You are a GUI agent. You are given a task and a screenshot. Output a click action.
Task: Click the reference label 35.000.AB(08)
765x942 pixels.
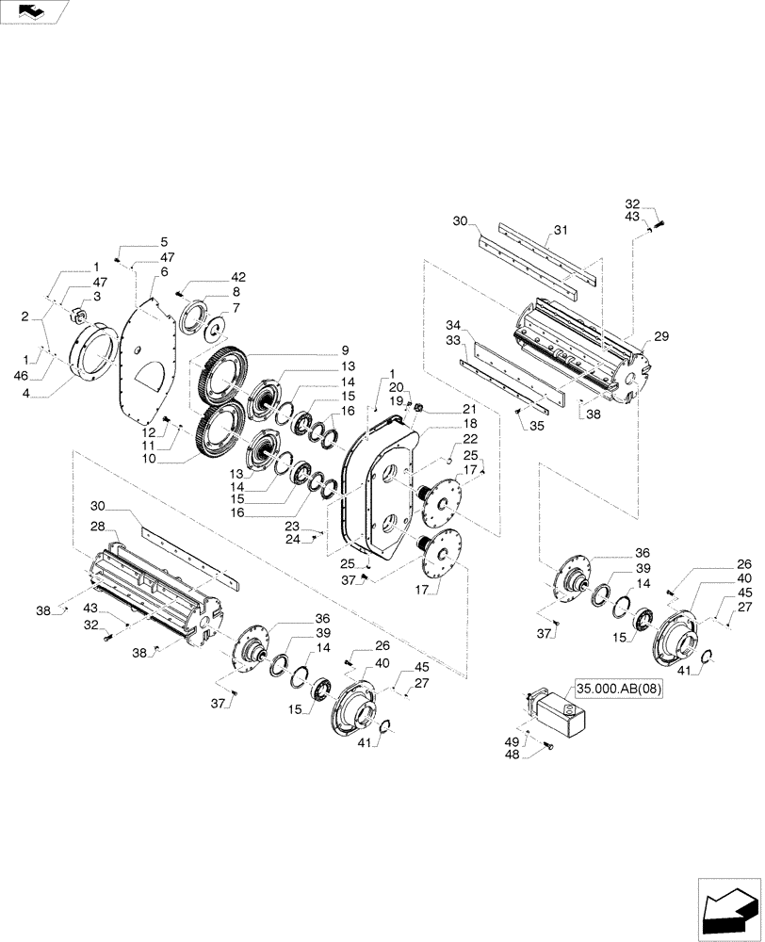pyautogui.click(x=619, y=689)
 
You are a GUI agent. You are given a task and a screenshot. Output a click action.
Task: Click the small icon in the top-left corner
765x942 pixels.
pyautogui.click(x=33, y=11)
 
